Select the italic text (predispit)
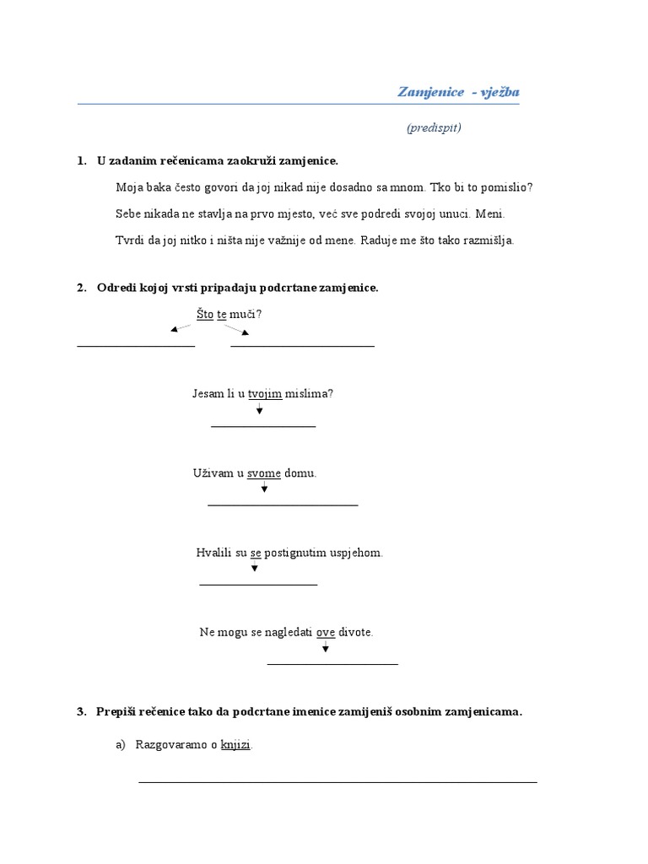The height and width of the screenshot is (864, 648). pos(433,128)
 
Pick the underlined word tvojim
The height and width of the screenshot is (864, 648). pos(265,394)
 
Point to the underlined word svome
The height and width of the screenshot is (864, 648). pos(264,473)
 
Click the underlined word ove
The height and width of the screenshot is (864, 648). pos(326,632)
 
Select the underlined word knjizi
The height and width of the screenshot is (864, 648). pos(235,745)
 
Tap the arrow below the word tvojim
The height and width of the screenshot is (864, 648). pos(260,408)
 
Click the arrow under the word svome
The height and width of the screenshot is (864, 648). pos(264,488)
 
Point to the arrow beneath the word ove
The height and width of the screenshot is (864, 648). pos(326,647)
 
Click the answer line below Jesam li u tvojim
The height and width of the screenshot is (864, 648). pos(263,427)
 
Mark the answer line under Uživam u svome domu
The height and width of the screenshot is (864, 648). pos(283,505)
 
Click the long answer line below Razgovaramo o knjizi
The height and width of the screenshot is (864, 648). pos(337,782)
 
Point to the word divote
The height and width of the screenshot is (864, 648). pos(355,632)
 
